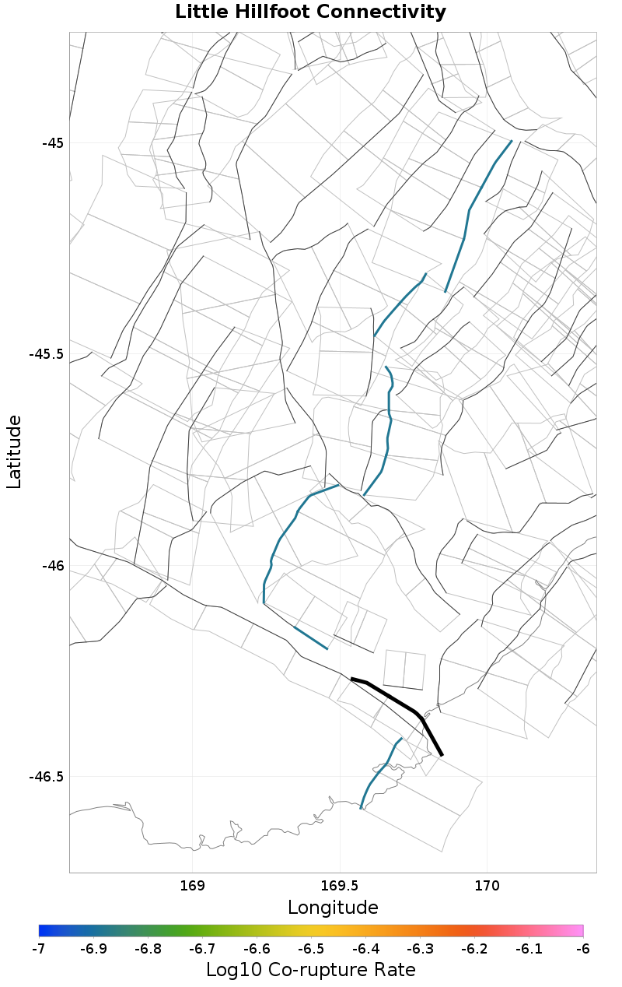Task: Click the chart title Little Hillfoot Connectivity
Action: tap(310, 12)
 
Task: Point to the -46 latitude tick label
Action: tap(53, 565)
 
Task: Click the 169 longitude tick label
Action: tap(192, 886)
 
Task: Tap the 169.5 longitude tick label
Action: tap(340, 886)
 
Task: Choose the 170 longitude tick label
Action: tap(487, 886)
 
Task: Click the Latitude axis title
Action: tap(14, 451)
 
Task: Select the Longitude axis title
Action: tap(333, 908)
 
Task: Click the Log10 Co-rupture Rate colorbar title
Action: tap(310, 970)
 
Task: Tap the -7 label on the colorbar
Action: tap(39, 949)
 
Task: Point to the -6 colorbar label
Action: tap(582, 949)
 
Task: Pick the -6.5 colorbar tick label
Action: tap(310, 949)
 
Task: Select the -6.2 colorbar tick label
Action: tap(473, 949)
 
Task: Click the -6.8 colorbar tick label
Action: tap(148, 949)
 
